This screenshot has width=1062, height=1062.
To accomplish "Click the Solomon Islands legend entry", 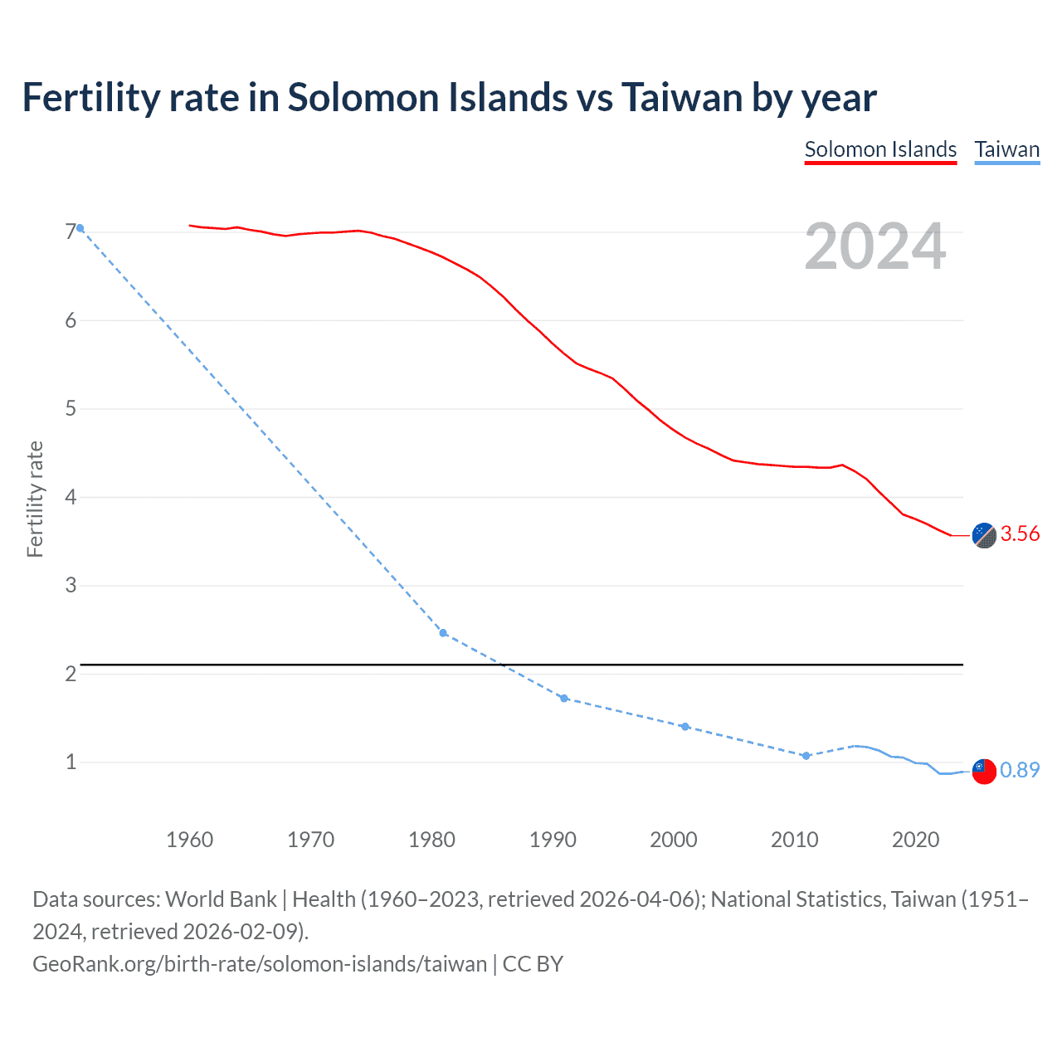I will [880, 149].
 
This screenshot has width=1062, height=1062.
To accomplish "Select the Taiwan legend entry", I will [1006, 149].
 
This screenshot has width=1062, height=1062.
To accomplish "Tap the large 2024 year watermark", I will [874, 246].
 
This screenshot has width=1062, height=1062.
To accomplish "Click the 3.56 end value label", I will [1020, 533].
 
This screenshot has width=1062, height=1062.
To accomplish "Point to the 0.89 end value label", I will [1020, 770].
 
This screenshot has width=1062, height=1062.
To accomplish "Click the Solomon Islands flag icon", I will [984, 535].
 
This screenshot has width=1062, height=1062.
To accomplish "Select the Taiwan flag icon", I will [984, 771].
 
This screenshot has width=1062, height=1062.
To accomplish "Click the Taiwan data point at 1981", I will [443, 633].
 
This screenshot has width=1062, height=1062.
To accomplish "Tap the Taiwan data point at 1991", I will [564, 699].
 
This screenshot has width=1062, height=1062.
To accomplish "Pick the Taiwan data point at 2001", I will [685, 727].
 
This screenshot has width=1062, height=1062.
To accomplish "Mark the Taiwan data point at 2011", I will [806, 756].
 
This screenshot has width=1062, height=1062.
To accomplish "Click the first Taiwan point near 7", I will [80, 228].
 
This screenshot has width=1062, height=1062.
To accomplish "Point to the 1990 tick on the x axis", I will [553, 840].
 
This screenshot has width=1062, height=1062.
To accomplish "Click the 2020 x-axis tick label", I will [915, 840].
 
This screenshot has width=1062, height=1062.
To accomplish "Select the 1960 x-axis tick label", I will [190, 840].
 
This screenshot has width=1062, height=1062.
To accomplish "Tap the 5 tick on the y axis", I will [71, 409].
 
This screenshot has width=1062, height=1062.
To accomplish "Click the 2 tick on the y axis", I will [71, 674].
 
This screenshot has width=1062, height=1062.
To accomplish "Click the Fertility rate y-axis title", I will [35, 499].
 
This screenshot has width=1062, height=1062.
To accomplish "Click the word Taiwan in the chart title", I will [682, 97].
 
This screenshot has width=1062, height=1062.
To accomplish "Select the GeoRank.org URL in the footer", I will [260, 964].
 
